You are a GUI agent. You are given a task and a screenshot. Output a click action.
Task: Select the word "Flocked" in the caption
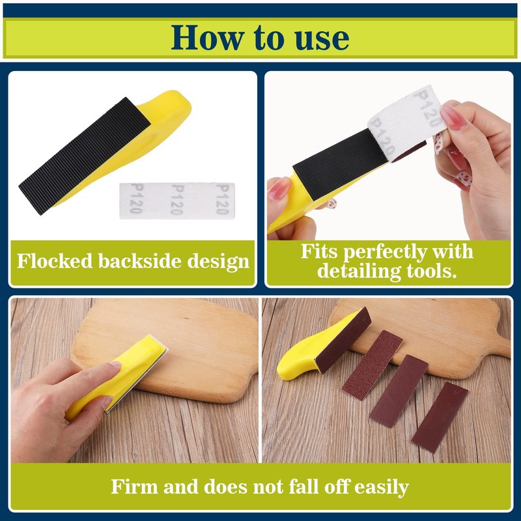[55, 261]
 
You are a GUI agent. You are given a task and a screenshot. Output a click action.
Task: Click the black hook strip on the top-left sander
[85, 156]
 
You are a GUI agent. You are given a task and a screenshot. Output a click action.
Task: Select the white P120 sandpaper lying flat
[177, 201]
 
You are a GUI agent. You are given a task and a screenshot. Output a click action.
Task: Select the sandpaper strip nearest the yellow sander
[372, 365]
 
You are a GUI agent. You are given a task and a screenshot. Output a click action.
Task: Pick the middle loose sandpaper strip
[399, 391]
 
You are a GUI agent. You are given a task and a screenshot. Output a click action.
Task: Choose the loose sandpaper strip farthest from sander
[440, 417]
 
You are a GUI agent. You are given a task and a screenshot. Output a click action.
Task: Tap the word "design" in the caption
[218, 262]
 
